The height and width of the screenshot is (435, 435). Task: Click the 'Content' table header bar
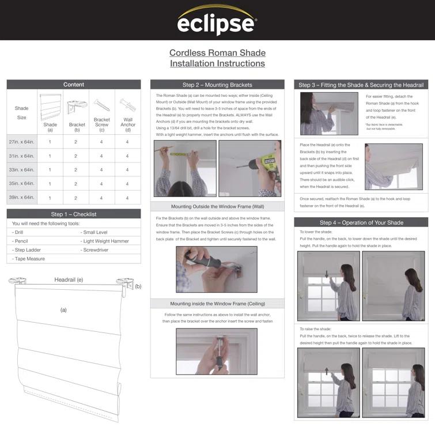pyautogui.click(x=74, y=85)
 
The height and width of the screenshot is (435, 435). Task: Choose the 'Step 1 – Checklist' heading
pyautogui.click(x=74, y=214)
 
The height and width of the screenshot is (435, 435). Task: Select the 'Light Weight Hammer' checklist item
pyautogui.click(x=106, y=241)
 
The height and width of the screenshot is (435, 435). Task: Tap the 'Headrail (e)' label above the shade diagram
pyautogui.click(x=69, y=280)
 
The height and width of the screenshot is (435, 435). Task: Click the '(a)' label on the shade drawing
pyautogui.click(x=63, y=310)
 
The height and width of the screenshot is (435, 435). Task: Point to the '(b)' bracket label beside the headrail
pyautogui.click(x=138, y=286)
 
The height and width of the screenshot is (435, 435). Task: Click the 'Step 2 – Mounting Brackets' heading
pyautogui.click(x=217, y=85)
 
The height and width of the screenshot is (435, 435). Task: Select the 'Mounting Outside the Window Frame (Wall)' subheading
pyautogui.click(x=217, y=206)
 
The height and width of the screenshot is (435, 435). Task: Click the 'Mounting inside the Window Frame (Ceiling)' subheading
pyautogui.click(x=217, y=304)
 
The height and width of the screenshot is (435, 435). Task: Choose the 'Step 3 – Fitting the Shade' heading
pyautogui.click(x=361, y=85)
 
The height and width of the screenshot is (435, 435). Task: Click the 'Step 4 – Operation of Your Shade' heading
pyautogui.click(x=361, y=222)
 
